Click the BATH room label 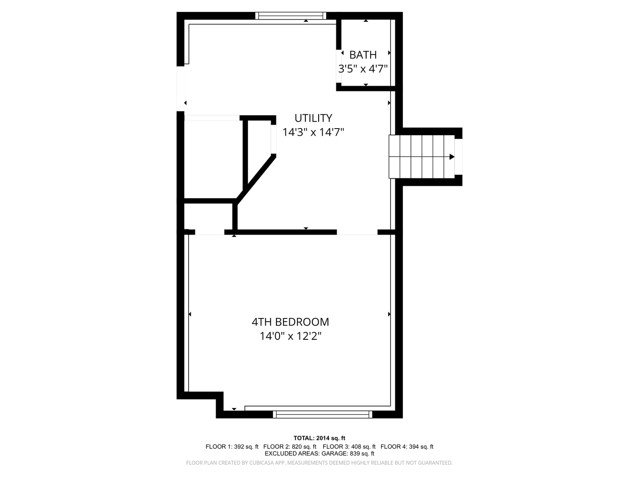[x=363, y=55]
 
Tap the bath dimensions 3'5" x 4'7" [x=363, y=69]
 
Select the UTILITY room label [x=313, y=118]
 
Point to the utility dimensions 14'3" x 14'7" [x=313, y=132]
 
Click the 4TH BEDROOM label [x=290, y=322]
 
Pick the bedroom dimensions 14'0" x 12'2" [x=290, y=336]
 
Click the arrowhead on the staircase [x=452, y=157]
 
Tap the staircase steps [x=422, y=157]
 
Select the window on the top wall [x=291, y=16]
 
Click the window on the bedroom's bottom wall [x=323, y=414]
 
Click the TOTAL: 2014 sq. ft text [x=319, y=438]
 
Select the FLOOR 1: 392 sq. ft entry [x=232, y=447]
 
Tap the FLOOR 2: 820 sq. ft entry [x=290, y=447]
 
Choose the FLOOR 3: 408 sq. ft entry [x=349, y=447]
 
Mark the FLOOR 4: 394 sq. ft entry [x=407, y=447]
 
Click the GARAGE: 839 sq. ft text [x=347, y=454]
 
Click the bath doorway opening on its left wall [x=339, y=67]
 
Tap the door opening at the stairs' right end [x=458, y=157]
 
